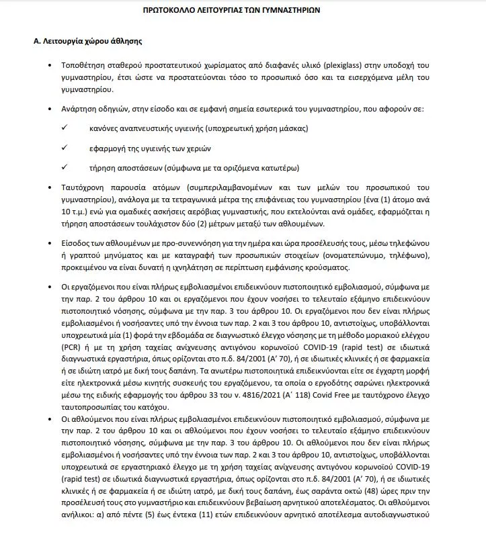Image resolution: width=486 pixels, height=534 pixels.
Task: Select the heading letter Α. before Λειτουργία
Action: [x=38, y=41]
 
